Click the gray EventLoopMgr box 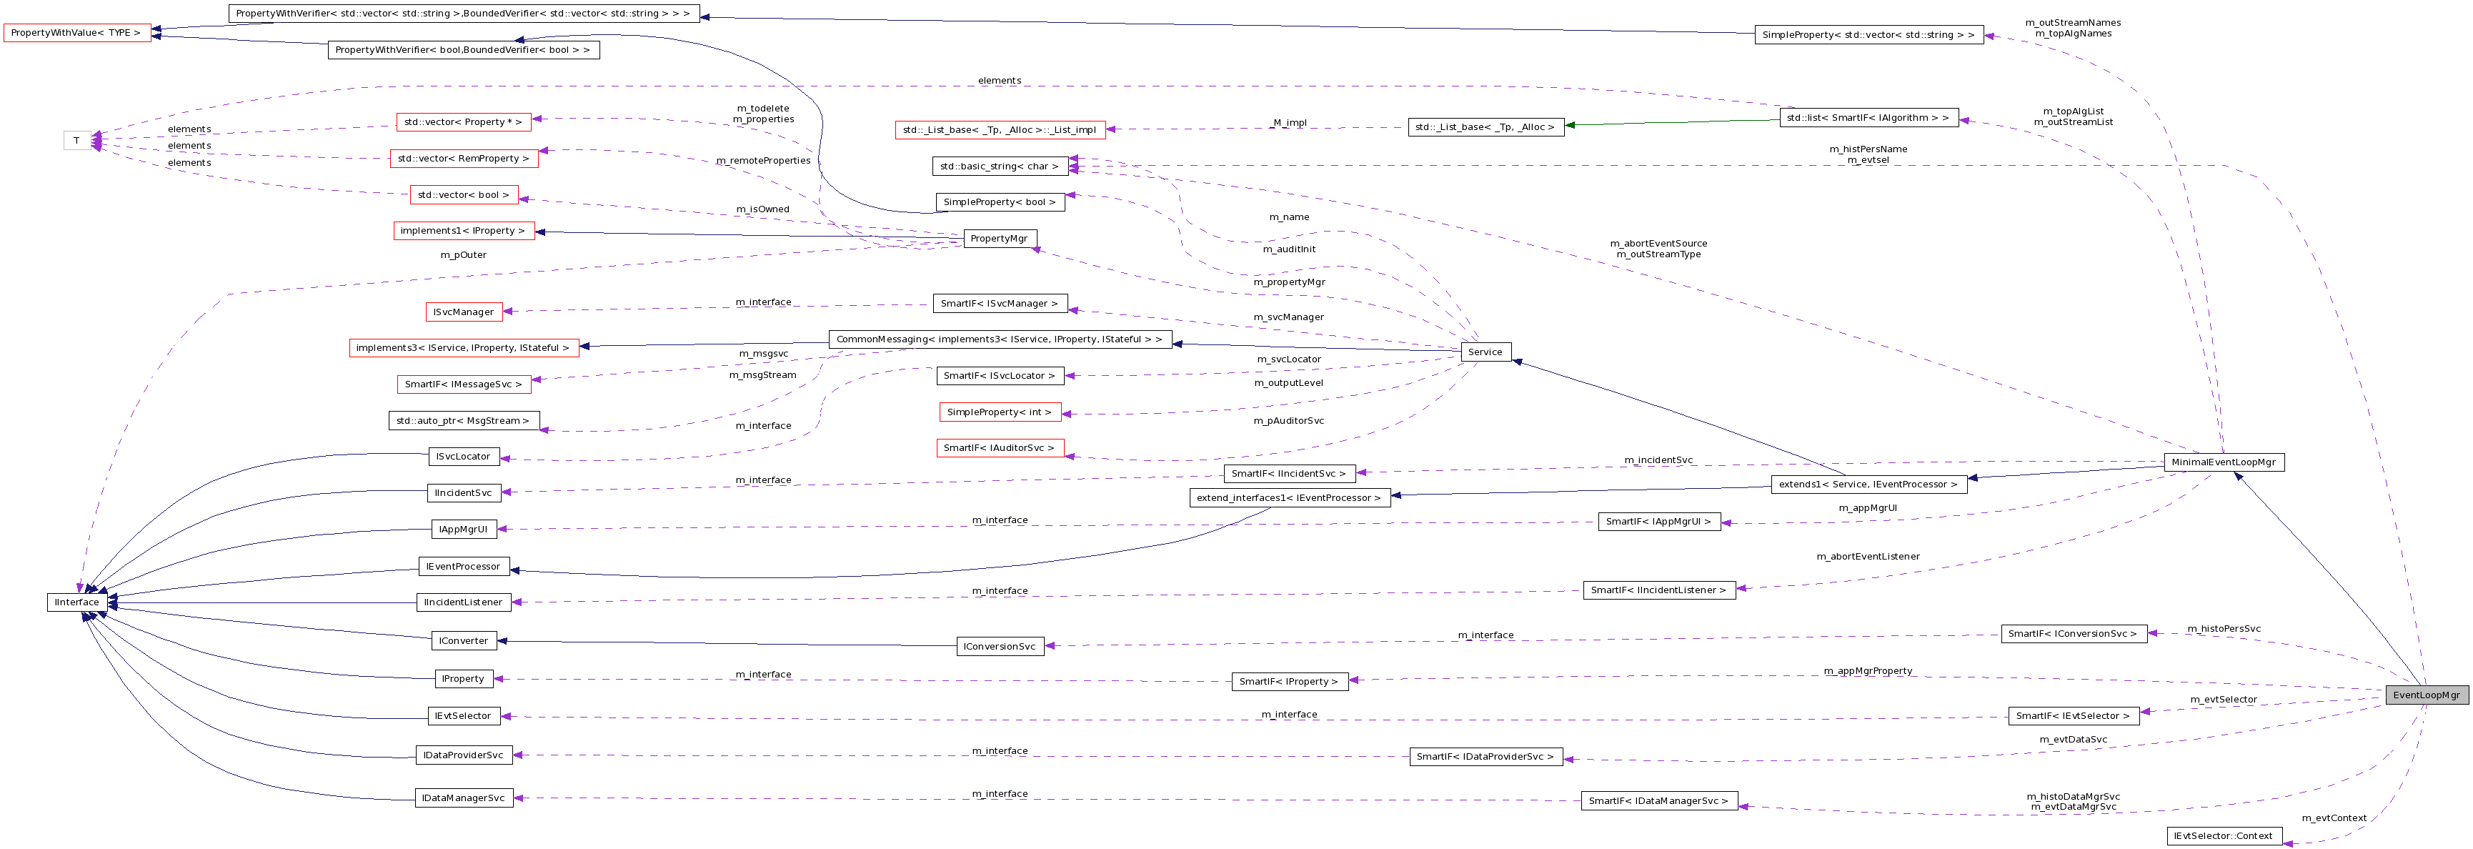point(2425,695)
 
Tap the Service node point(1484,352)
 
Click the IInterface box point(76,602)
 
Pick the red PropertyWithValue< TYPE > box point(76,33)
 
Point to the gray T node point(76,141)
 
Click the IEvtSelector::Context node point(2224,835)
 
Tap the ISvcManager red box point(463,312)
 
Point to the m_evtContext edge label point(2333,818)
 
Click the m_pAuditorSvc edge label point(1288,421)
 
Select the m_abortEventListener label point(1867,557)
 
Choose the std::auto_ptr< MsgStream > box point(463,421)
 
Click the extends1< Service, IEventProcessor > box point(1867,484)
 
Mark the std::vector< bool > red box point(463,195)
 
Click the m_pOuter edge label point(463,255)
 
